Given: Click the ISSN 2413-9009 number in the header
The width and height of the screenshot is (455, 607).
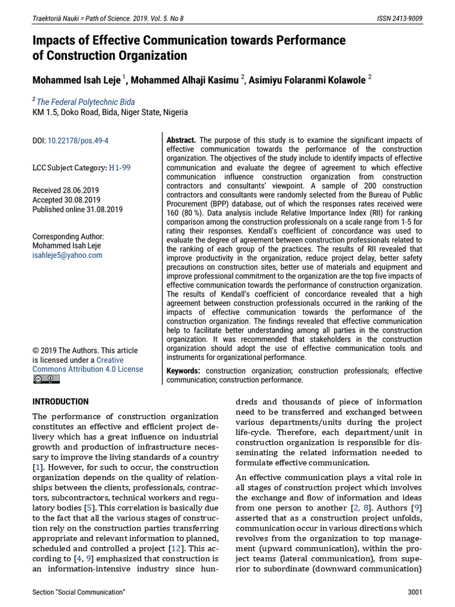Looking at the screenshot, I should coord(400,18).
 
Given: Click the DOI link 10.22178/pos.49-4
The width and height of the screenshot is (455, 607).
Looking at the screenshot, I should coord(78,141).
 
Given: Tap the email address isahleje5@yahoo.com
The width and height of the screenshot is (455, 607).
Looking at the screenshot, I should coord(67,255).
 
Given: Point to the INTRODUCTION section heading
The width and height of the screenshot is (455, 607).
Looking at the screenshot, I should coord(60,401).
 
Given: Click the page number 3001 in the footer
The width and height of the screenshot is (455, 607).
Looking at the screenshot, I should coord(415,592).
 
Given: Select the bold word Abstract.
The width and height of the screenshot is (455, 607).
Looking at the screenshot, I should coord(181,140).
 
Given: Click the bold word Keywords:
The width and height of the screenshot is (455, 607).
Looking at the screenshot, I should coord(183,370).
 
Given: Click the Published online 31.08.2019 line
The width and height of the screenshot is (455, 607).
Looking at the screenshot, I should coord(78,209).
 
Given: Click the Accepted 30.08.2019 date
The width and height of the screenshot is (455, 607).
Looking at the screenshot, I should coord(66,200).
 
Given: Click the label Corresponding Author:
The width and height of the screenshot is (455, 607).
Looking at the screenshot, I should coord(68,237).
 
